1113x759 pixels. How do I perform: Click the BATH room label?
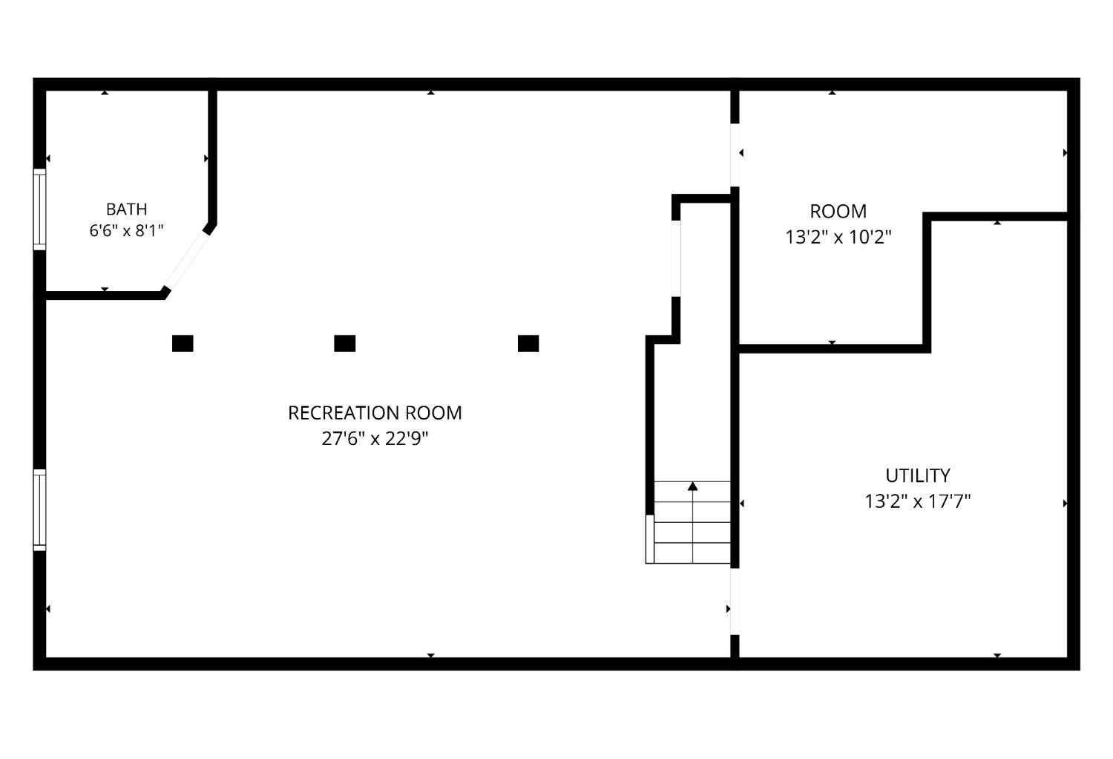[x=127, y=209]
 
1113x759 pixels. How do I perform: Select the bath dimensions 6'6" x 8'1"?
[x=127, y=231]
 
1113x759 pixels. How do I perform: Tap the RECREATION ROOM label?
[x=375, y=413]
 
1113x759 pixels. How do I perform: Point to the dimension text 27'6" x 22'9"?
[x=375, y=439]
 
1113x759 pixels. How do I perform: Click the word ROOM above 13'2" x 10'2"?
[x=838, y=212]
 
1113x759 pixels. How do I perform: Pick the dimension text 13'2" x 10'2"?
[x=838, y=237]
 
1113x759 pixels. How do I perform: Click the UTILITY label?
[x=918, y=475]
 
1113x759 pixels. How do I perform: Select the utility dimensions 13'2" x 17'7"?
[x=918, y=501]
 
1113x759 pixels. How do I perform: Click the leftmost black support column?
[x=183, y=344]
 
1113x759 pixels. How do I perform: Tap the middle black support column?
[x=345, y=344]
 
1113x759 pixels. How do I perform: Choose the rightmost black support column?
[x=528, y=344]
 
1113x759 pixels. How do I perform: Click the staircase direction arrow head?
[x=692, y=486]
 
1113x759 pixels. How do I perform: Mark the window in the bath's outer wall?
[x=39, y=209]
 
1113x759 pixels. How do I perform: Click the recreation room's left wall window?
[x=39, y=509]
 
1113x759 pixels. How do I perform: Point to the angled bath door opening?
[x=187, y=260]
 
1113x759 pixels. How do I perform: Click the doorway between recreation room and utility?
[x=735, y=602]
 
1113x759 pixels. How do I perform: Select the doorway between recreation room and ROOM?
[x=735, y=155]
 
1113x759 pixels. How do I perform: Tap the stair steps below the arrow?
[x=692, y=522]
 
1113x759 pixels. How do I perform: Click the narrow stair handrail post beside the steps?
[x=650, y=539]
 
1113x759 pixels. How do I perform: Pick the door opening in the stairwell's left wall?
[x=676, y=258]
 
